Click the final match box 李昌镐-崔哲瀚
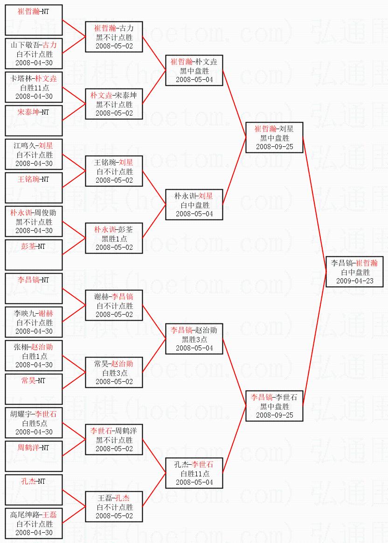354,272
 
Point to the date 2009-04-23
355,281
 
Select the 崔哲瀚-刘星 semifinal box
274,137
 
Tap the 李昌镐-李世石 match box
274,406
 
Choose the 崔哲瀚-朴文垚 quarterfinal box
194,70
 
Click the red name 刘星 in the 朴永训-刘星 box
206,196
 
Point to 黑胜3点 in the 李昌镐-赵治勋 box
194,339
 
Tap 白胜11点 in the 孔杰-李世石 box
194,474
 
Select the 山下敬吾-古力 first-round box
34,54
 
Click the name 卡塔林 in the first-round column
22,78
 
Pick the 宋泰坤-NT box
34,121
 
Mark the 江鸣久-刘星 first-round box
34,154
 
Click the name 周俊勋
45,213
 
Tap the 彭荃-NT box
34,255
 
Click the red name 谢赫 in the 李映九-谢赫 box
46,313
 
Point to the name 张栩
21,347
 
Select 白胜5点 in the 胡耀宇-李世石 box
35,423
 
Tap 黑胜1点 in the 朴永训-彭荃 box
114,239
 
